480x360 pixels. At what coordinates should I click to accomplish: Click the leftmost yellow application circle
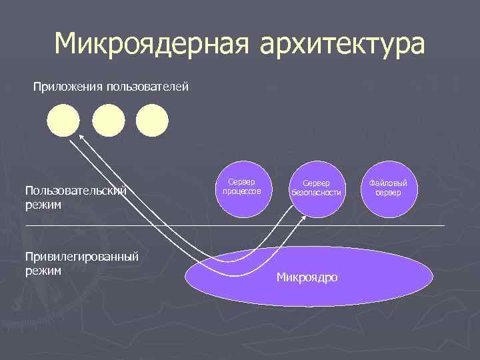point(63,121)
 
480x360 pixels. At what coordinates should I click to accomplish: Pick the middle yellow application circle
point(108,121)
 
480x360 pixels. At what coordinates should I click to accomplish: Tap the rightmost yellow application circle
point(152,121)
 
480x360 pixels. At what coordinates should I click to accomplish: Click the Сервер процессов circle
point(246,189)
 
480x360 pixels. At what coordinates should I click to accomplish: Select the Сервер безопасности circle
point(317,189)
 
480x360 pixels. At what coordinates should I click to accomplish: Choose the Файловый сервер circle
point(387,189)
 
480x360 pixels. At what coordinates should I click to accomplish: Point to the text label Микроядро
point(307,277)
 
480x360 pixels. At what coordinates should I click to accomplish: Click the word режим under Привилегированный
point(43,271)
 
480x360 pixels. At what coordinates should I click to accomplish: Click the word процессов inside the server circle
point(241,192)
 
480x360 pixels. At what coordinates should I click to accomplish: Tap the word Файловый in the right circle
point(387,183)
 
